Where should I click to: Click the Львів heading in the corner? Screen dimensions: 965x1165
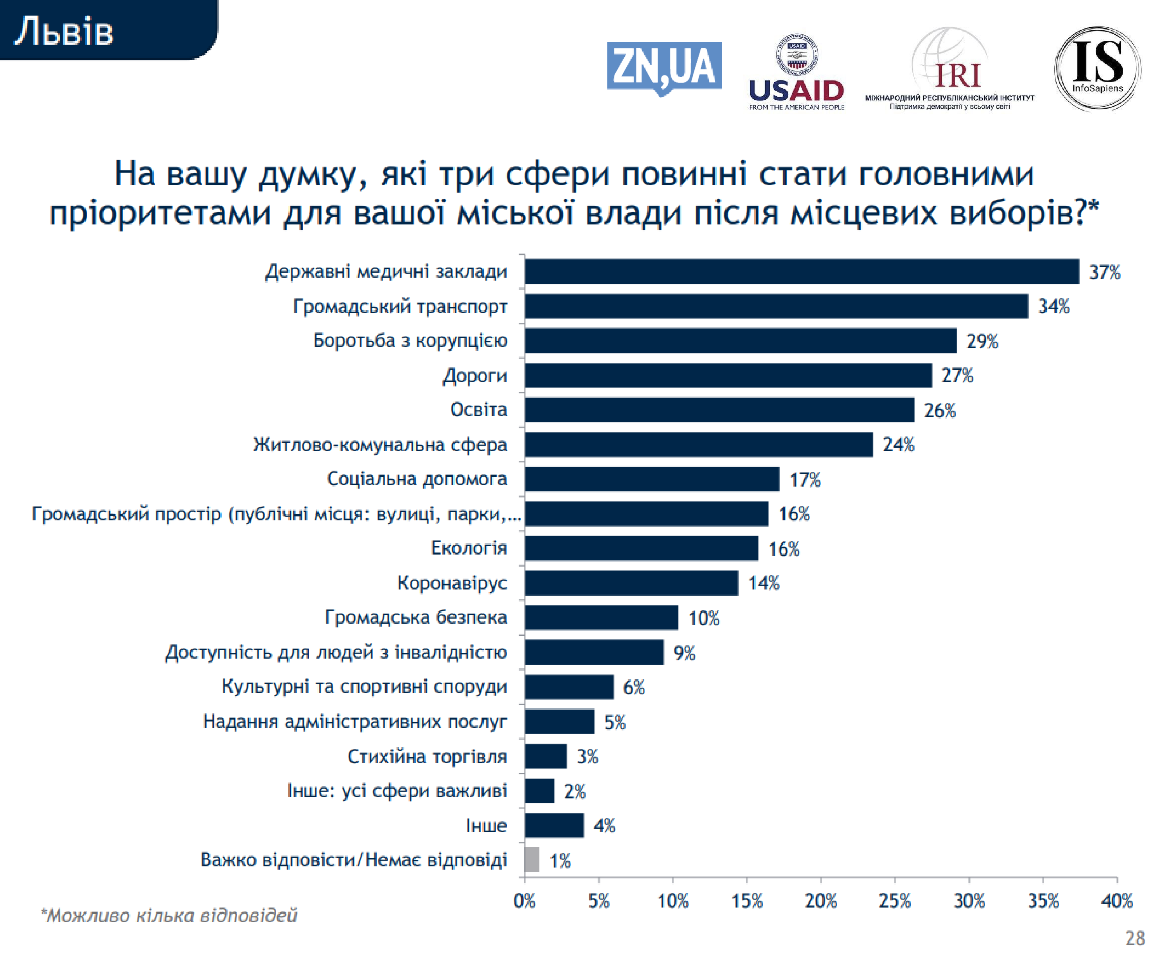64,31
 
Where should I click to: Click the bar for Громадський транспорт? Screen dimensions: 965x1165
776,306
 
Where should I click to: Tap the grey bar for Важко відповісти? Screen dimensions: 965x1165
532,860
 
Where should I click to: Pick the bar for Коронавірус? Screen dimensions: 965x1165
631,583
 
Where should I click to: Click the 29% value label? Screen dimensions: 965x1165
982,341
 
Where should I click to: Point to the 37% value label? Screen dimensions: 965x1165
1104,272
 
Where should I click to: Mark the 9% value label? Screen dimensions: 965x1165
684,653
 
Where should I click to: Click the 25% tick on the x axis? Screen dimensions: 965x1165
895,901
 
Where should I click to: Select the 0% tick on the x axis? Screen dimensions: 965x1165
524,901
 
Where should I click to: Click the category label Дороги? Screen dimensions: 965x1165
475,376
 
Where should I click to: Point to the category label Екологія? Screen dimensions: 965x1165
469,548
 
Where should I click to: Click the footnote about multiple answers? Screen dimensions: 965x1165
169,915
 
